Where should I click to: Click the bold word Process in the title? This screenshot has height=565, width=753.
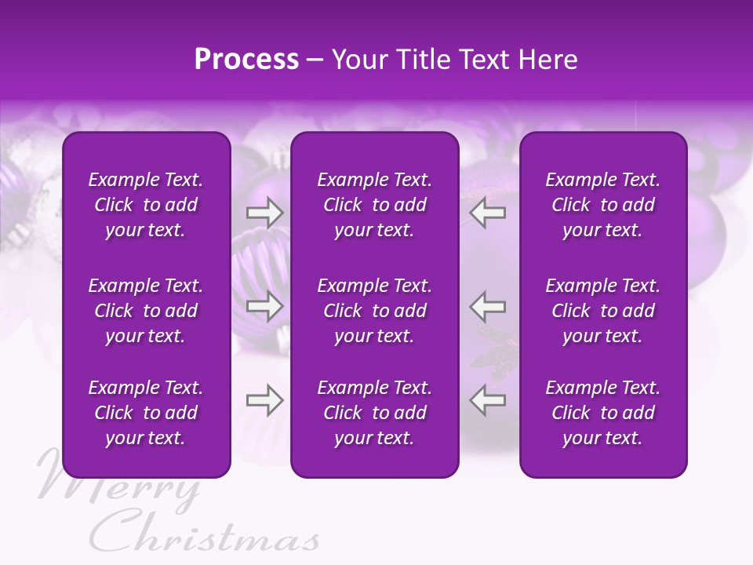[x=246, y=60]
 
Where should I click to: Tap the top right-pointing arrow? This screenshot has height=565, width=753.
[x=265, y=213]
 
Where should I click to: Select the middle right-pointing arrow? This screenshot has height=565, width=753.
[x=265, y=306]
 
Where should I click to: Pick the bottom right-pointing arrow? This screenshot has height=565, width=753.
[x=265, y=400]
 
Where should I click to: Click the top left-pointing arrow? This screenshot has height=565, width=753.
[x=487, y=213]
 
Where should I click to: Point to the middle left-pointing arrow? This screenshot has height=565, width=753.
[x=487, y=306]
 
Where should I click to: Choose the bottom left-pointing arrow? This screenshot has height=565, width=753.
[x=487, y=400]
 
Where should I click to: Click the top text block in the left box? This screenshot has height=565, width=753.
[x=146, y=205]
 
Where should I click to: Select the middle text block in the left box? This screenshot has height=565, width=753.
[x=146, y=311]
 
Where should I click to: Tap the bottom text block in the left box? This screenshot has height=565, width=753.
[x=146, y=413]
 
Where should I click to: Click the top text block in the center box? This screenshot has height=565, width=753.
[x=375, y=205]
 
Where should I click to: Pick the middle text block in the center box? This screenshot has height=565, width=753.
[x=375, y=311]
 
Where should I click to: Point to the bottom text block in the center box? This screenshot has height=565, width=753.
[x=375, y=413]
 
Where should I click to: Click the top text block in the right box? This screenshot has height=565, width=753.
[x=603, y=205]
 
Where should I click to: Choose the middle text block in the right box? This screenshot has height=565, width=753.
[x=603, y=311]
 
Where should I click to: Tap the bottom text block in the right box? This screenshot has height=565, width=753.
[x=603, y=413]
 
